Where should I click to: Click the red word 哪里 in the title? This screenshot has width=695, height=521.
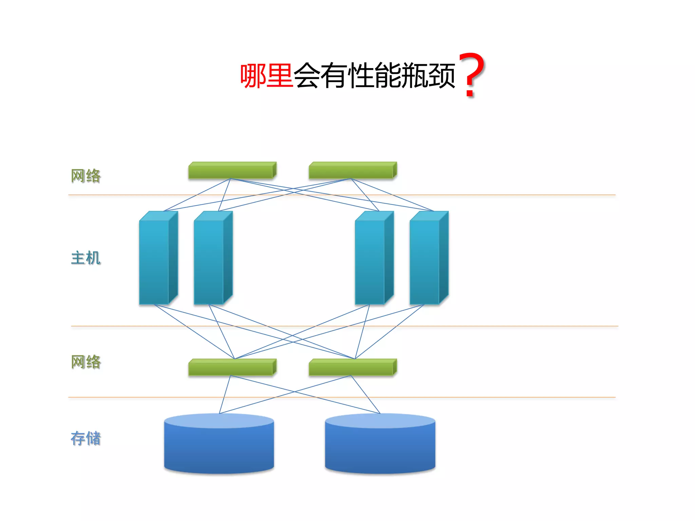tap(266, 76)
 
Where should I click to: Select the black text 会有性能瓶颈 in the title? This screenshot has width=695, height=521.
tap(374, 76)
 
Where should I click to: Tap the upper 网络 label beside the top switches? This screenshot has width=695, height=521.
tap(86, 176)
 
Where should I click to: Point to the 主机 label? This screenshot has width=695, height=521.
tap(86, 258)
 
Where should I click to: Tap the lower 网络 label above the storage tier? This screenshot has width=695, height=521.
tap(86, 362)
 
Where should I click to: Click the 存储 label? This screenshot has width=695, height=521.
tap(86, 438)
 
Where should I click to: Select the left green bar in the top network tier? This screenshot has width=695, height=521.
tap(232, 171)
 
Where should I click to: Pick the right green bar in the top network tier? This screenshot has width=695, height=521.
tap(352, 171)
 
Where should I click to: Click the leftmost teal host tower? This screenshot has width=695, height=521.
tap(155, 261)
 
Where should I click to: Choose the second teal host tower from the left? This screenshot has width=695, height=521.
tap(209, 261)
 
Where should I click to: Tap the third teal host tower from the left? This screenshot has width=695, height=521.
tap(371, 261)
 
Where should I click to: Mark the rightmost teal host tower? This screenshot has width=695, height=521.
tap(425, 261)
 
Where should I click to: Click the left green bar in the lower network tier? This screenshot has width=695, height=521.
tap(232, 368)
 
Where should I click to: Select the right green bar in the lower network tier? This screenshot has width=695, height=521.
tap(352, 368)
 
